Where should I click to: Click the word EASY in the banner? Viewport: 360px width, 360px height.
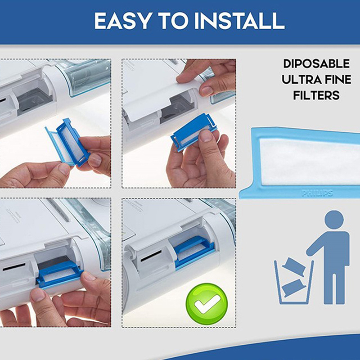coord(123,20)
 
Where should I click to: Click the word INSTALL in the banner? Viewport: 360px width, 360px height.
coord(239,20)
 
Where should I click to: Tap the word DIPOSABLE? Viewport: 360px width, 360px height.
coord(316,63)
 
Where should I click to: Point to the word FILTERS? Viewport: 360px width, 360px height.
coord(316,95)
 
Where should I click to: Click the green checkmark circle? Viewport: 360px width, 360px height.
coord(207,304)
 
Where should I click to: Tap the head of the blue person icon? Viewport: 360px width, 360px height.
coord(334,220)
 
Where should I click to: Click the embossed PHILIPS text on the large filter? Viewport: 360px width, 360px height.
coord(317,193)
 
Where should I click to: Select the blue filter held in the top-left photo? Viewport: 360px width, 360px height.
coord(68,142)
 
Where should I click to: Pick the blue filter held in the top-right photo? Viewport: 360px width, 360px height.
coord(193,132)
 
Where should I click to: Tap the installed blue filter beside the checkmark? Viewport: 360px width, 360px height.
coord(194,252)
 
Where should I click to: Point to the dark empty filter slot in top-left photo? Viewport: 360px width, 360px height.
coord(35,100)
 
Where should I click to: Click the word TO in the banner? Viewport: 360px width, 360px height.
coord(173,20)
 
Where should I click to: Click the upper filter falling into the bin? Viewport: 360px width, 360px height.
coord(294,267)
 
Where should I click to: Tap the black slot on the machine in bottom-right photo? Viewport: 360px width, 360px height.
coord(151,256)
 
